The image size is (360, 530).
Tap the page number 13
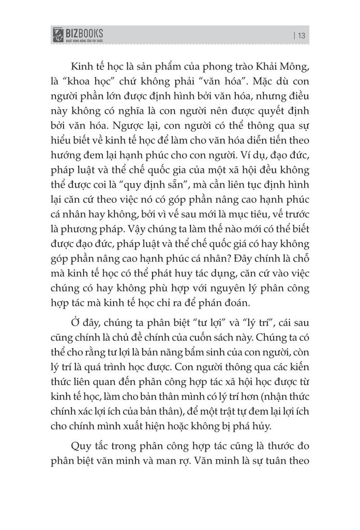click(x=302, y=36)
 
